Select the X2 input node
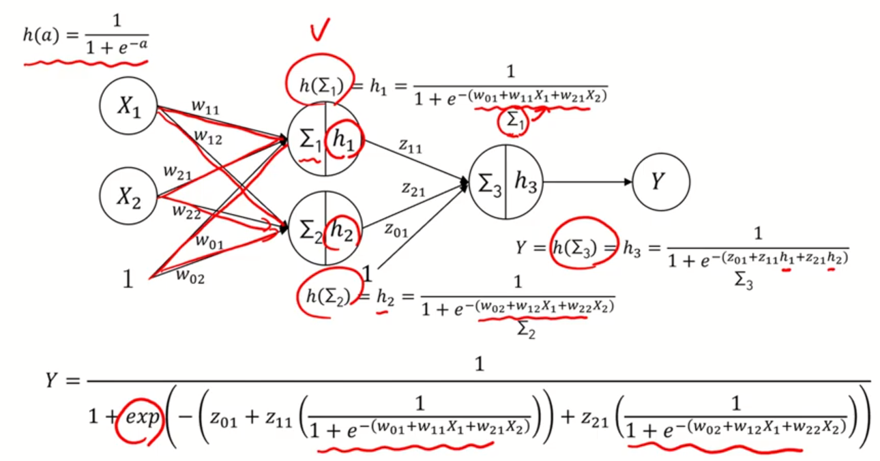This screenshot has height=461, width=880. click(129, 196)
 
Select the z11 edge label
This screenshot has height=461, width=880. click(410, 147)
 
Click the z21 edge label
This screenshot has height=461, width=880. click(413, 190)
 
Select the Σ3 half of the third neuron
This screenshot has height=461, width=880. click(489, 183)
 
